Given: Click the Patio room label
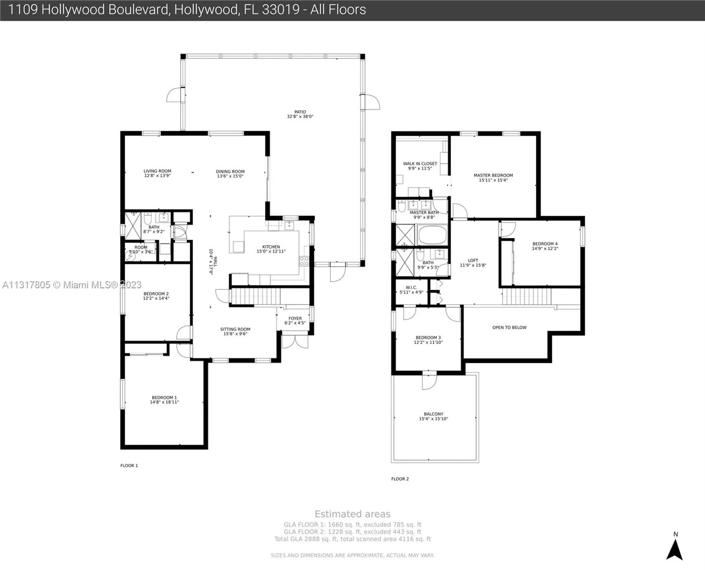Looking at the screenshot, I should click(x=300, y=112).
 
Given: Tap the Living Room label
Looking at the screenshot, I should click(x=157, y=171).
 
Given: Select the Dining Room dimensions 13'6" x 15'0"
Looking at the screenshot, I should click(x=230, y=176).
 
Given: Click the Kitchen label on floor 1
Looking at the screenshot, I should click(x=271, y=247).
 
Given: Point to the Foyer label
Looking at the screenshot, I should click(x=295, y=318).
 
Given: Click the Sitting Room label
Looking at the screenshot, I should click(x=235, y=329).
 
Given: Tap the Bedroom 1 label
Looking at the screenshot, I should click(x=164, y=398).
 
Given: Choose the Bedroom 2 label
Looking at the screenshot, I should click(x=156, y=294).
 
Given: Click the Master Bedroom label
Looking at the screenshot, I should click(x=493, y=175).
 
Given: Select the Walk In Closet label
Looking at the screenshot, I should click(x=420, y=163).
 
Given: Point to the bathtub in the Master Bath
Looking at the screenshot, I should click(x=432, y=235).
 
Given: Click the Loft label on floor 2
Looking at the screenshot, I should click(x=473, y=260).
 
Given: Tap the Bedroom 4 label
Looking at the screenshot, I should click(x=545, y=244).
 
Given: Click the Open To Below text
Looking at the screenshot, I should click(x=509, y=327).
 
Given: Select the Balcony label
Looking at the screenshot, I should click(x=433, y=414).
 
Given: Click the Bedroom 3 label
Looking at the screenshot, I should click(x=428, y=338).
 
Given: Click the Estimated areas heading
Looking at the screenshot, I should click(x=352, y=514).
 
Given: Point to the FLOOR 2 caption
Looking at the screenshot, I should click(x=400, y=479).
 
